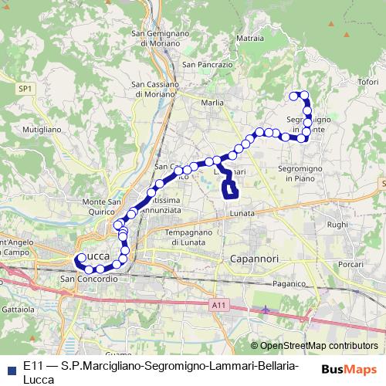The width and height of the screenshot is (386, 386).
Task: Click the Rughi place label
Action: pos(337,225)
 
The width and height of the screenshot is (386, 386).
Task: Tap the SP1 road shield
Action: pos(26,90)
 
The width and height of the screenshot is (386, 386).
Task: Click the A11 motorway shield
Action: pos(218,306)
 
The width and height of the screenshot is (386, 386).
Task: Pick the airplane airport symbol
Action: pos(266,310)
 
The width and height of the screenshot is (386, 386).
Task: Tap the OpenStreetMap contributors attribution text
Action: pos(319,346)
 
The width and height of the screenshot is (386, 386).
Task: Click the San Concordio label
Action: pos(89,278)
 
